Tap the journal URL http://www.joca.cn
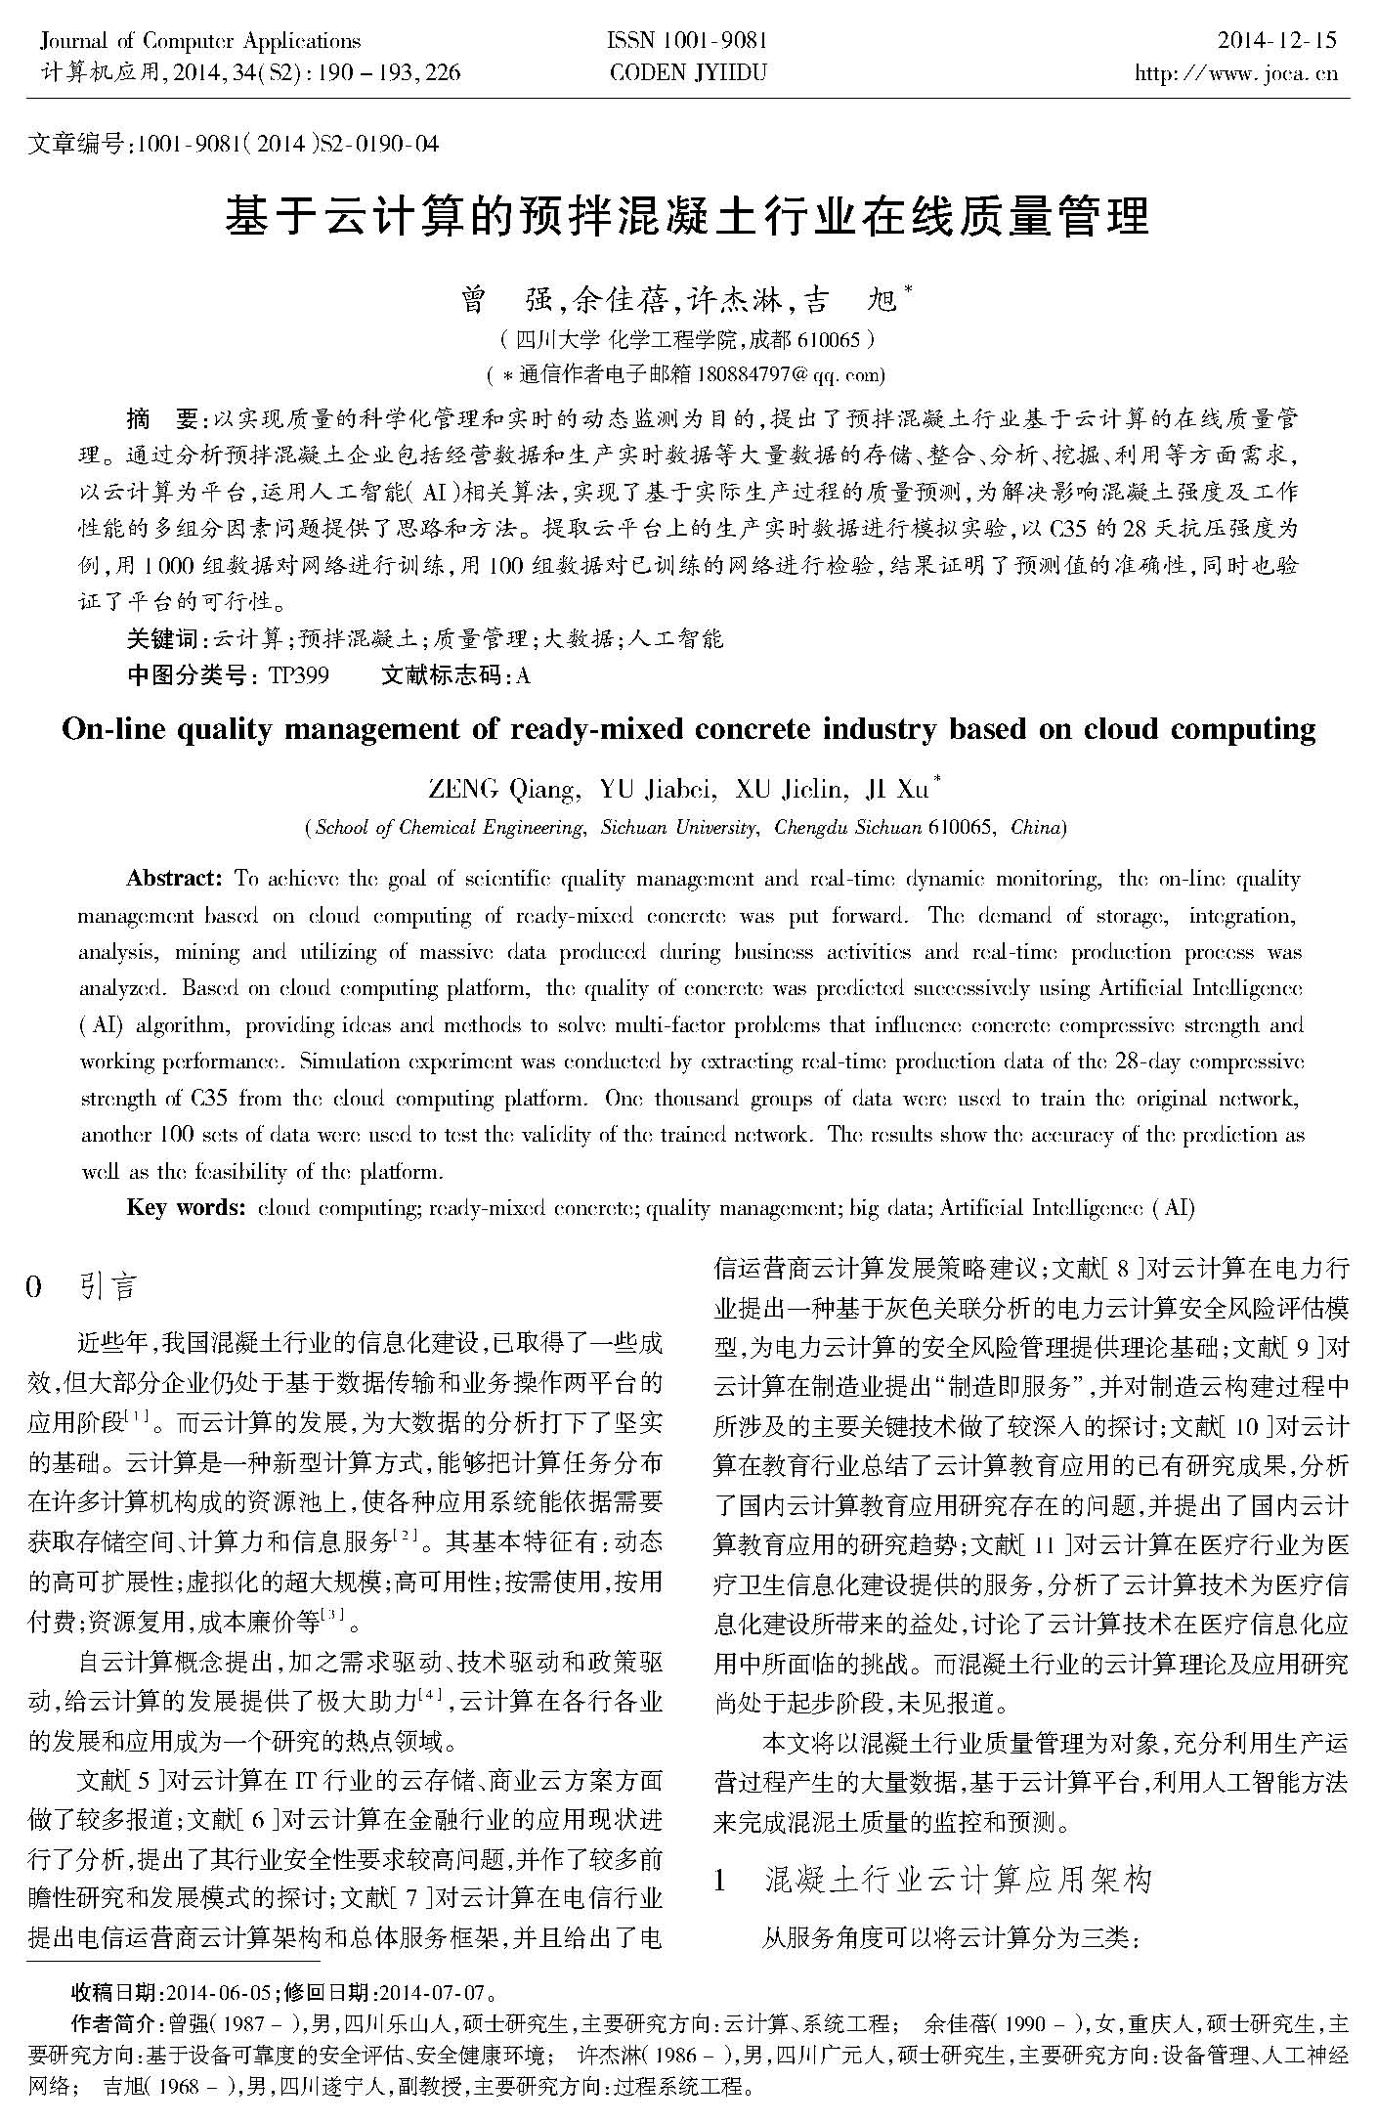1235,73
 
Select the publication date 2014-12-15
1276,41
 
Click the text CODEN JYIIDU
688,72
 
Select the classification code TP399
298,675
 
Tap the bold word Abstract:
176,878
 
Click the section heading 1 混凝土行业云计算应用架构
933,1879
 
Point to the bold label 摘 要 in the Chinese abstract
162,419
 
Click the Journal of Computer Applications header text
200,41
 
